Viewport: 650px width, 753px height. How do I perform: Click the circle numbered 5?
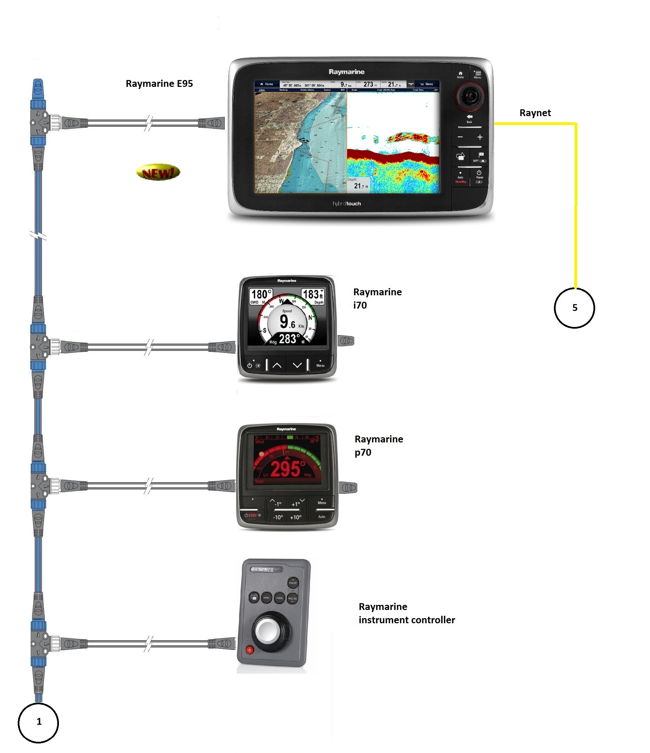click(574, 308)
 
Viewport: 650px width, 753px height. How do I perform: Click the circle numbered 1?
click(38, 722)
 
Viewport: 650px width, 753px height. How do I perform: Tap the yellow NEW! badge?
click(158, 172)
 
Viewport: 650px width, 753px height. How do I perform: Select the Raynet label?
click(535, 113)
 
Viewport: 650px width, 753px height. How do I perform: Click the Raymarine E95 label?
click(159, 83)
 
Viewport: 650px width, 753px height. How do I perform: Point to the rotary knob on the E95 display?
click(470, 97)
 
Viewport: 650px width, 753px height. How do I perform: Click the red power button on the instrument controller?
click(250, 650)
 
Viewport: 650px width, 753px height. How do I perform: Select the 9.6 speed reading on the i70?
click(288, 321)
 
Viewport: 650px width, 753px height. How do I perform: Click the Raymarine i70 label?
click(377, 298)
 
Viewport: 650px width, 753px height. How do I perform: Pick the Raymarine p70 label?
click(378, 445)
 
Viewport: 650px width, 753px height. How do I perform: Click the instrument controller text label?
click(406, 613)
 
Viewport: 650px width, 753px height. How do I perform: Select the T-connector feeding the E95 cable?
click(39, 123)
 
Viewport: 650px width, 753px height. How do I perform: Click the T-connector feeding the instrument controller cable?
click(39, 644)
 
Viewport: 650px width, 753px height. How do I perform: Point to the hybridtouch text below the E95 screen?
click(347, 204)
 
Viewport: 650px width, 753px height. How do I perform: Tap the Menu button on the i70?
click(320, 365)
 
